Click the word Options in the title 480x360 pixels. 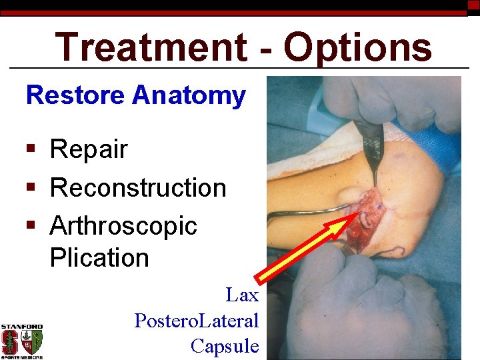click(x=357, y=48)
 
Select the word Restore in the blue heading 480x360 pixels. click(x=75, y=95)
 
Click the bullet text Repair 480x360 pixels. click(x=89, y=149)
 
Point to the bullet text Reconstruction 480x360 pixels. click(x=138, y=187)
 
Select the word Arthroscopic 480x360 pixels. click(x=123, y=225)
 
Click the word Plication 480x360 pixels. click(x=99, y=257)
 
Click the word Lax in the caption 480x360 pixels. click(x=242, y=294)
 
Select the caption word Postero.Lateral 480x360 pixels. click(x=197, y=320)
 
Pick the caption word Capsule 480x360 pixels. click(x=225, y=345)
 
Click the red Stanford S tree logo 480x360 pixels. click(x=11, y=342)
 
